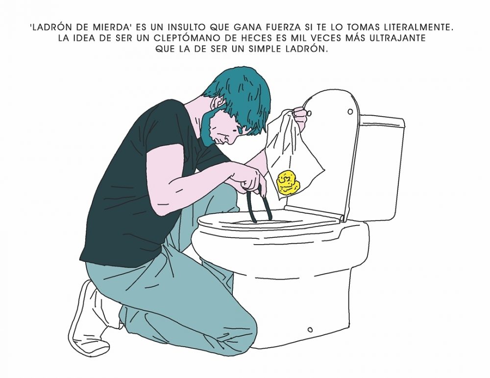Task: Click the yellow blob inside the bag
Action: tap(287, 182)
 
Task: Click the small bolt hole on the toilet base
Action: tap(310, 329)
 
